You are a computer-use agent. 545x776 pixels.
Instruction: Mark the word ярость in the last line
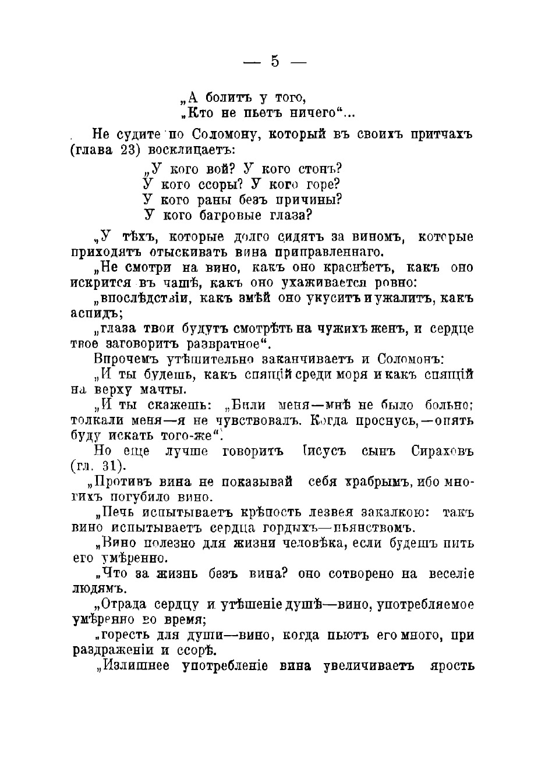click(451, 665)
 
